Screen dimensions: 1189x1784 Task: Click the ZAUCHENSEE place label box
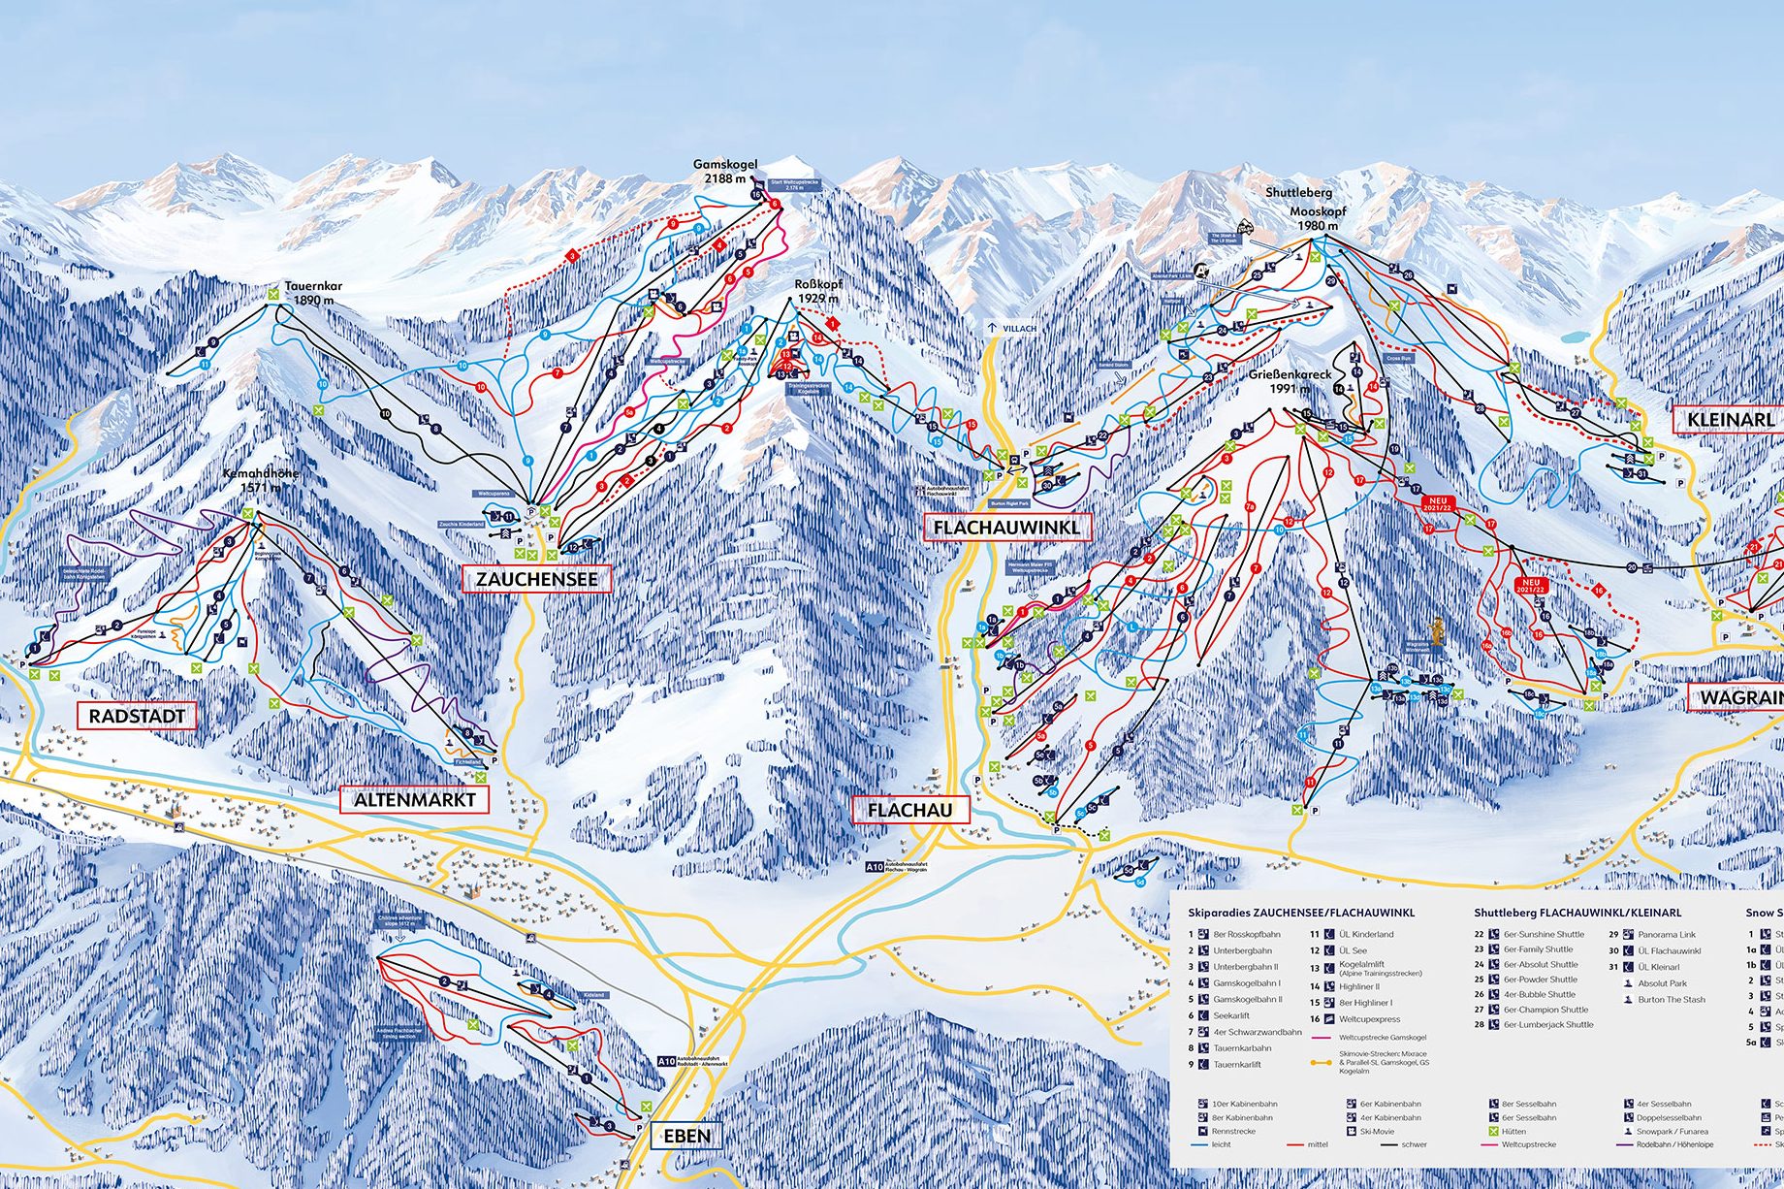(x=537, y=580)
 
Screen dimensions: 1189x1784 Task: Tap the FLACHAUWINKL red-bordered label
(x=1007, y=529)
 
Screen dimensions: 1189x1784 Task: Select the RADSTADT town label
(x=137, y=717)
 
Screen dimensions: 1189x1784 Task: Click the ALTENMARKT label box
(x=414, y=800)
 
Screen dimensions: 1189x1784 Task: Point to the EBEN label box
(x=687, y=1136)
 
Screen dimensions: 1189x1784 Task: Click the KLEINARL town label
(x=1730, y=420)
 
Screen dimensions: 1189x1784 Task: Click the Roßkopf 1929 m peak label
(x=817, y=291)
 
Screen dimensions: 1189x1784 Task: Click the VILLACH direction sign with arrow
(x=1012, y=328)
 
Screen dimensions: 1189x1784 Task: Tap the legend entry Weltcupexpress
(x=1368, y=1019)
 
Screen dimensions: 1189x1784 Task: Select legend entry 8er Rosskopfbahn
(x=1242, y=935)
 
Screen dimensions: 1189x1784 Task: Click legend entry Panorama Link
(x=1667, y=935)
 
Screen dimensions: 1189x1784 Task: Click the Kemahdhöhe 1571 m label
(x=261, y=480)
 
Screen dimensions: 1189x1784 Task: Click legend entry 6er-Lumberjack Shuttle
(x=1547, y=1024)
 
